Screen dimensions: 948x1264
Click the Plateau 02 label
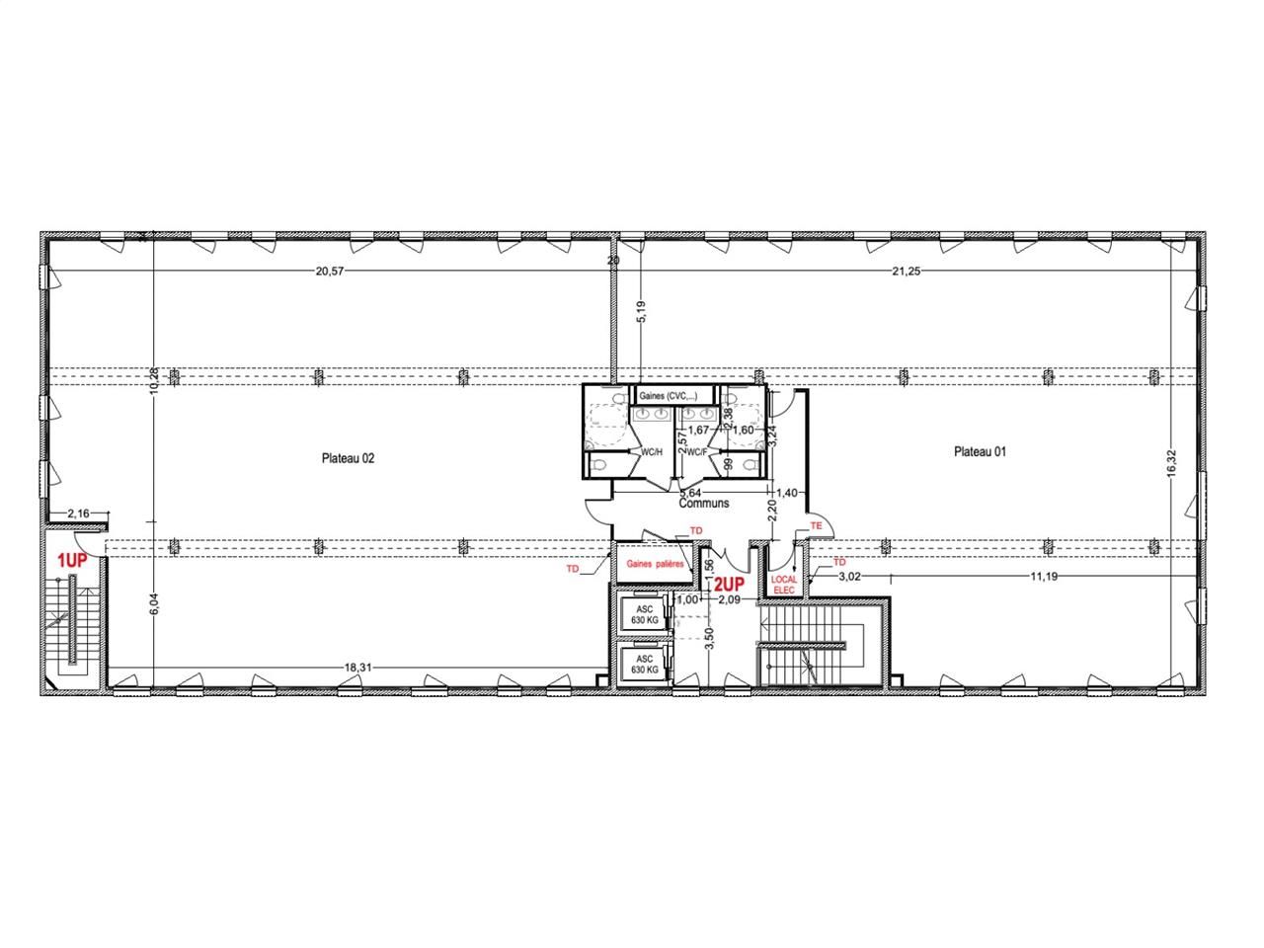[348, 458]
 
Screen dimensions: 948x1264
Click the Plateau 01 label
[980, 452]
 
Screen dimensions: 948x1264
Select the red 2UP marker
[729, 584]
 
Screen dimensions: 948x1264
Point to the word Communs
[704, 503]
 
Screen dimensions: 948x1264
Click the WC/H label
[652, 451]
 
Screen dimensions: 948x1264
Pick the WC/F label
[696, 451]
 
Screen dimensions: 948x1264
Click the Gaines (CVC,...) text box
[668, 396]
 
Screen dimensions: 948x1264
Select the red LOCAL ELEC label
[783, 585]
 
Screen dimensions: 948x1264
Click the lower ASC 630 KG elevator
[644, 664]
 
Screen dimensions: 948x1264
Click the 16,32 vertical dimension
[1172, 463]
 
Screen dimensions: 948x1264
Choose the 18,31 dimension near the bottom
[357, 668]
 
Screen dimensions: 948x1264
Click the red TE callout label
[816, 526]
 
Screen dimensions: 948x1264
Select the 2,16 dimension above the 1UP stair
[78, 513]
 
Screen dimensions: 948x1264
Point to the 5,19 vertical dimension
[641, 314]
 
